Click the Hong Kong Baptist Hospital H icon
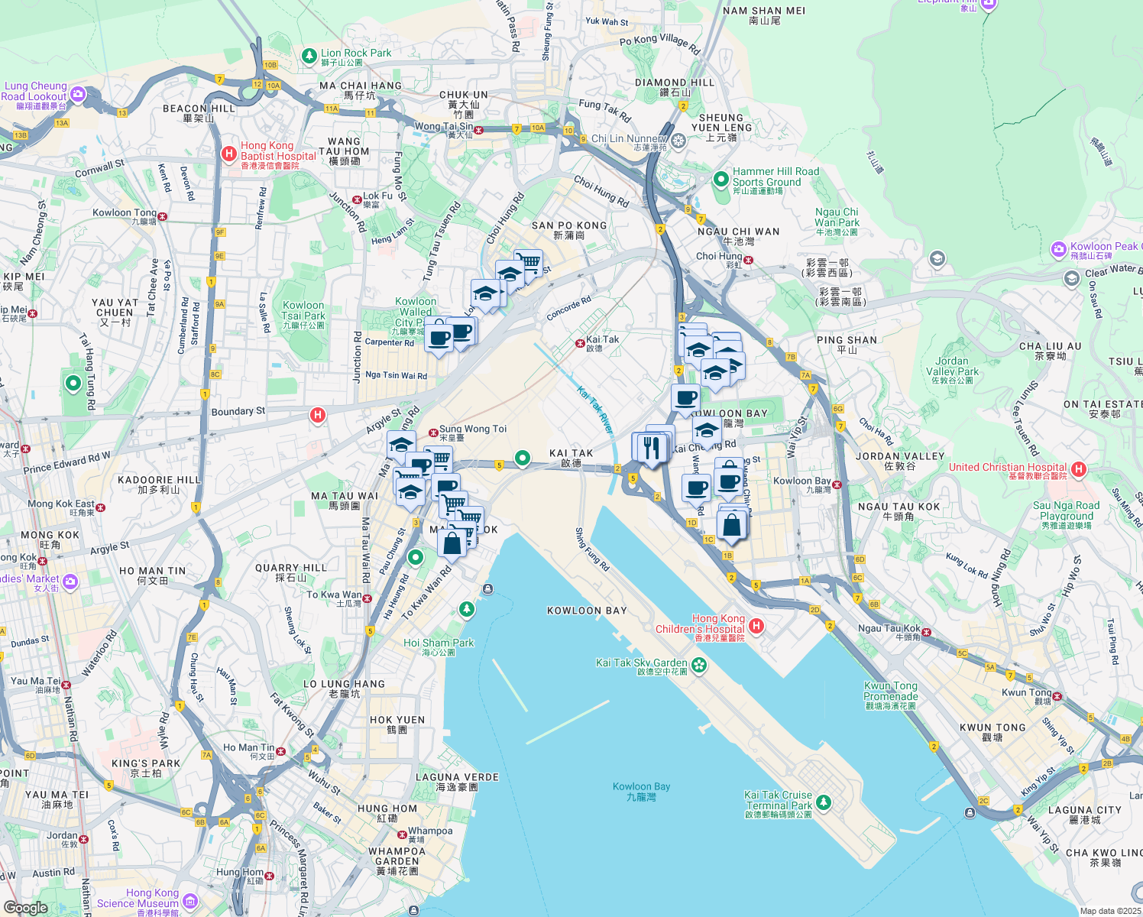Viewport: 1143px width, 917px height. [228, 154]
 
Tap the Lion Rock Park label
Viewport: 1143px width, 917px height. [356, 53]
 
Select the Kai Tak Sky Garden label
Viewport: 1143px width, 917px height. [642, 663]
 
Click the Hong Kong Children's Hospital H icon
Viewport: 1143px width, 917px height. [756, 627]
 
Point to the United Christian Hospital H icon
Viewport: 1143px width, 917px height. [1079, 468]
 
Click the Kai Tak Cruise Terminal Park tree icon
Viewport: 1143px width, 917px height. [823, 802]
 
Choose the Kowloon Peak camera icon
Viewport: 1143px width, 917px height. [1058, 249]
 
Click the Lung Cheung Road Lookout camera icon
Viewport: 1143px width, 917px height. [78, 94]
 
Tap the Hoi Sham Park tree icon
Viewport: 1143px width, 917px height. [466, 609]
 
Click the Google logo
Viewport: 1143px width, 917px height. [25, 908]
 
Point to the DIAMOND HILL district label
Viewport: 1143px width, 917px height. [675, 83]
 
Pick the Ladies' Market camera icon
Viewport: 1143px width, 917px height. [70, 582]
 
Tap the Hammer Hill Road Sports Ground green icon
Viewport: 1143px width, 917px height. [720, 179]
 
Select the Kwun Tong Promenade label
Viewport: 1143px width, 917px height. [891, 692]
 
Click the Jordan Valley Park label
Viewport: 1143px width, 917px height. [952, 366]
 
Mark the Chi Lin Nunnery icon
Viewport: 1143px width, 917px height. [678, 141]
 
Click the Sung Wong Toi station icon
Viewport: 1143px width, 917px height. [432, 432]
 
